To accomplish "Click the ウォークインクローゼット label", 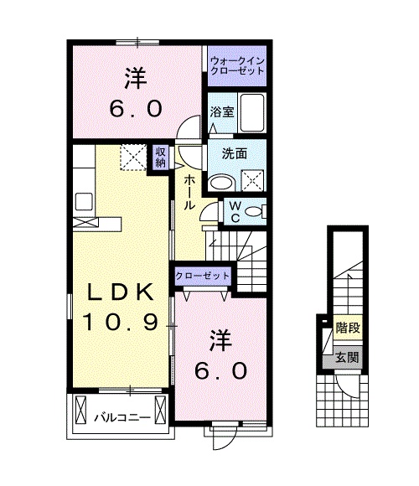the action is [237, 65].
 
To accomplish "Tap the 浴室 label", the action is [222, 112].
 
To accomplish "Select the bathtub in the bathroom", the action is [252, 113].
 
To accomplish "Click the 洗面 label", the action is [235, 153].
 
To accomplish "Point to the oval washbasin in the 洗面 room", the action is [221, 183].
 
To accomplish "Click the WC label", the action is [235, 212].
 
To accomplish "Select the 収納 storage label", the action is [161, 158].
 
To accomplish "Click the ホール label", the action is [189, 193].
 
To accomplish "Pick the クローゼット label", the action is [203, 276].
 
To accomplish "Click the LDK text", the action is [121, 292].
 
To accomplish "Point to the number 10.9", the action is [121, 322].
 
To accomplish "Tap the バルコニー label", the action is [122, 418].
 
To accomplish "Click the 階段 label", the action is [348, 328].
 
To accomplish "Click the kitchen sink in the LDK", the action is [84, 201].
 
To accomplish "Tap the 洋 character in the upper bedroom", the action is [136, 79].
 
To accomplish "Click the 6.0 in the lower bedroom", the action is [221, 370].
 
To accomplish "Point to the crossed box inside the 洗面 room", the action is [252, 180].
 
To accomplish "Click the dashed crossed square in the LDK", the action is [133, 158].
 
